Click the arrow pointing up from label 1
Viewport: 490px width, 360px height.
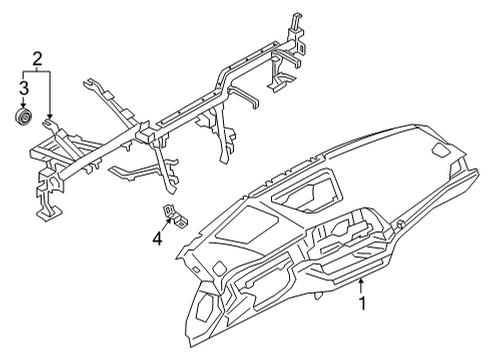click(360, 292)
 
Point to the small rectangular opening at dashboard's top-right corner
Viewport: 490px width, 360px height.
click(439, 150)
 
